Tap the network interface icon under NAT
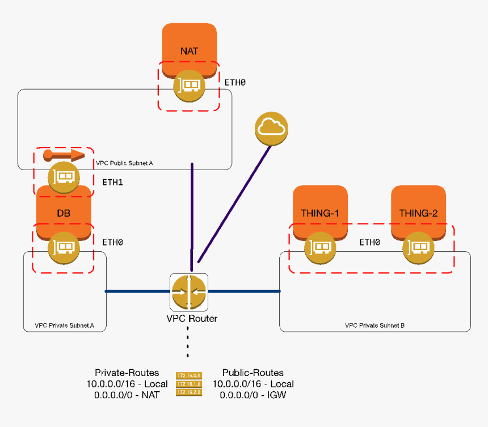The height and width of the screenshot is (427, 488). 189,86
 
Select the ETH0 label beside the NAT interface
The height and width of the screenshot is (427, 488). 235,83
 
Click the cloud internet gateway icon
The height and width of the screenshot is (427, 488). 271,128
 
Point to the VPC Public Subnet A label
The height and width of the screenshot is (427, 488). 124,163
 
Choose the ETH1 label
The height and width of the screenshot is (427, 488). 112,183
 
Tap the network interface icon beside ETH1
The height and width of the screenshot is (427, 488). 63,177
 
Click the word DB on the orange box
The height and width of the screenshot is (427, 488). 64,214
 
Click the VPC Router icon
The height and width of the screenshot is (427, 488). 189,291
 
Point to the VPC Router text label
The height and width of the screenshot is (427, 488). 189,319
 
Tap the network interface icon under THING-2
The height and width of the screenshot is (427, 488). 418,248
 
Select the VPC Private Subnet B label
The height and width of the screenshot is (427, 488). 375,326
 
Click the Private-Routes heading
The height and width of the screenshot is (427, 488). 127,373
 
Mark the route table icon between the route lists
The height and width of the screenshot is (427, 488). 189,384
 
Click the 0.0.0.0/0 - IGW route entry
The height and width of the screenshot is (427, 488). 253,395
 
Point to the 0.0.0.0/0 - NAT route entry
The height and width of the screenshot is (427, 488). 127,395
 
